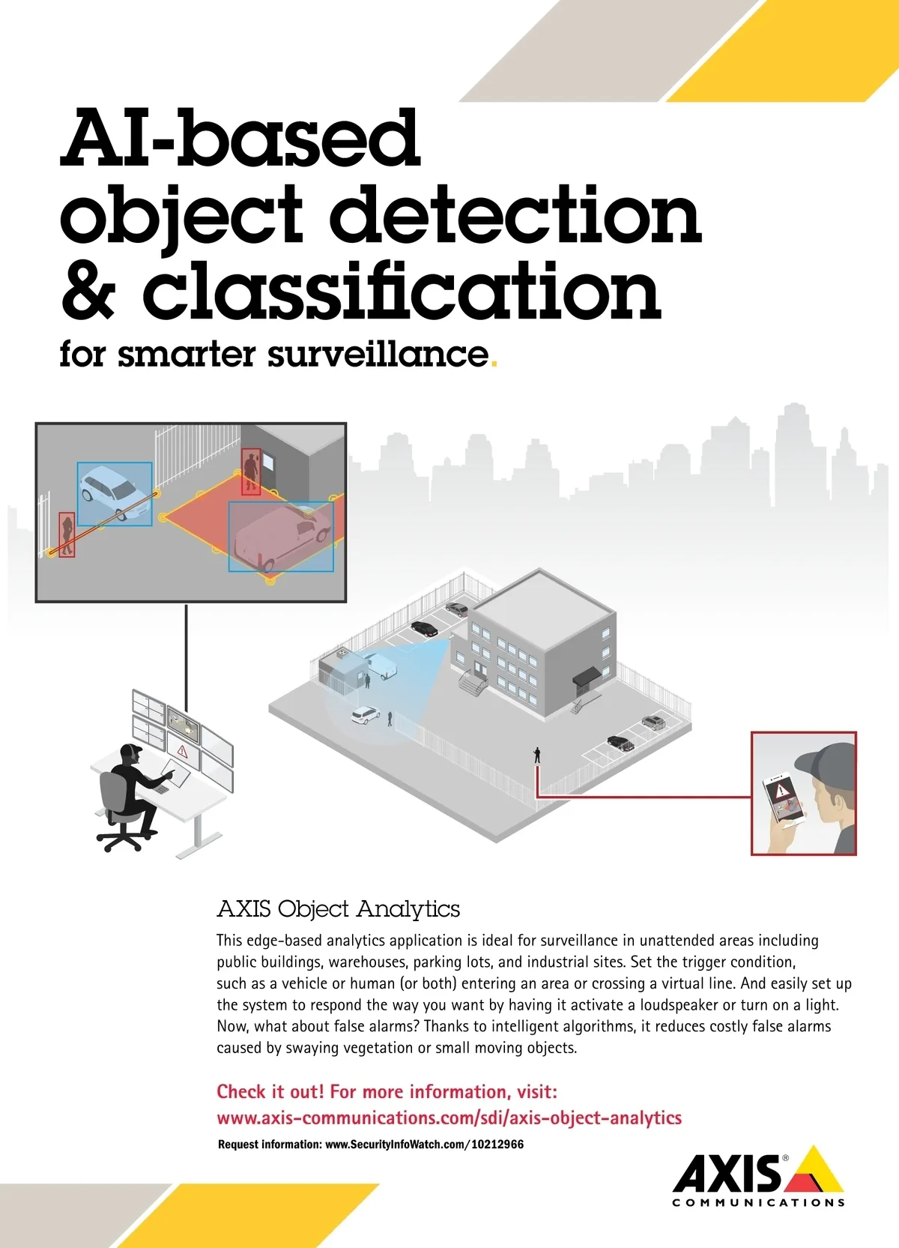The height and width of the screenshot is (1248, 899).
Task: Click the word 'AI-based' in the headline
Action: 240,138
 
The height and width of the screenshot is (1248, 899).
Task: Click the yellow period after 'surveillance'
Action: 494,364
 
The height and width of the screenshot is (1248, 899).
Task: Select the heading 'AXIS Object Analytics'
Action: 338,908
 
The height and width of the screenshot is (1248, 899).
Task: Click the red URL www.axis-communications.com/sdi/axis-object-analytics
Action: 449,1118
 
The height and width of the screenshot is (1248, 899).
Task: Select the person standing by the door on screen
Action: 251,471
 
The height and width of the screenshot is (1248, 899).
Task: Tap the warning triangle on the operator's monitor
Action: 181,752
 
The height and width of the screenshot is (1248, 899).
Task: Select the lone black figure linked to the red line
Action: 537,754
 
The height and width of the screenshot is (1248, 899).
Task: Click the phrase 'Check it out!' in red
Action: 270,1091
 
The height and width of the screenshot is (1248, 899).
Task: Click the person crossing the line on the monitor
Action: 67,535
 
